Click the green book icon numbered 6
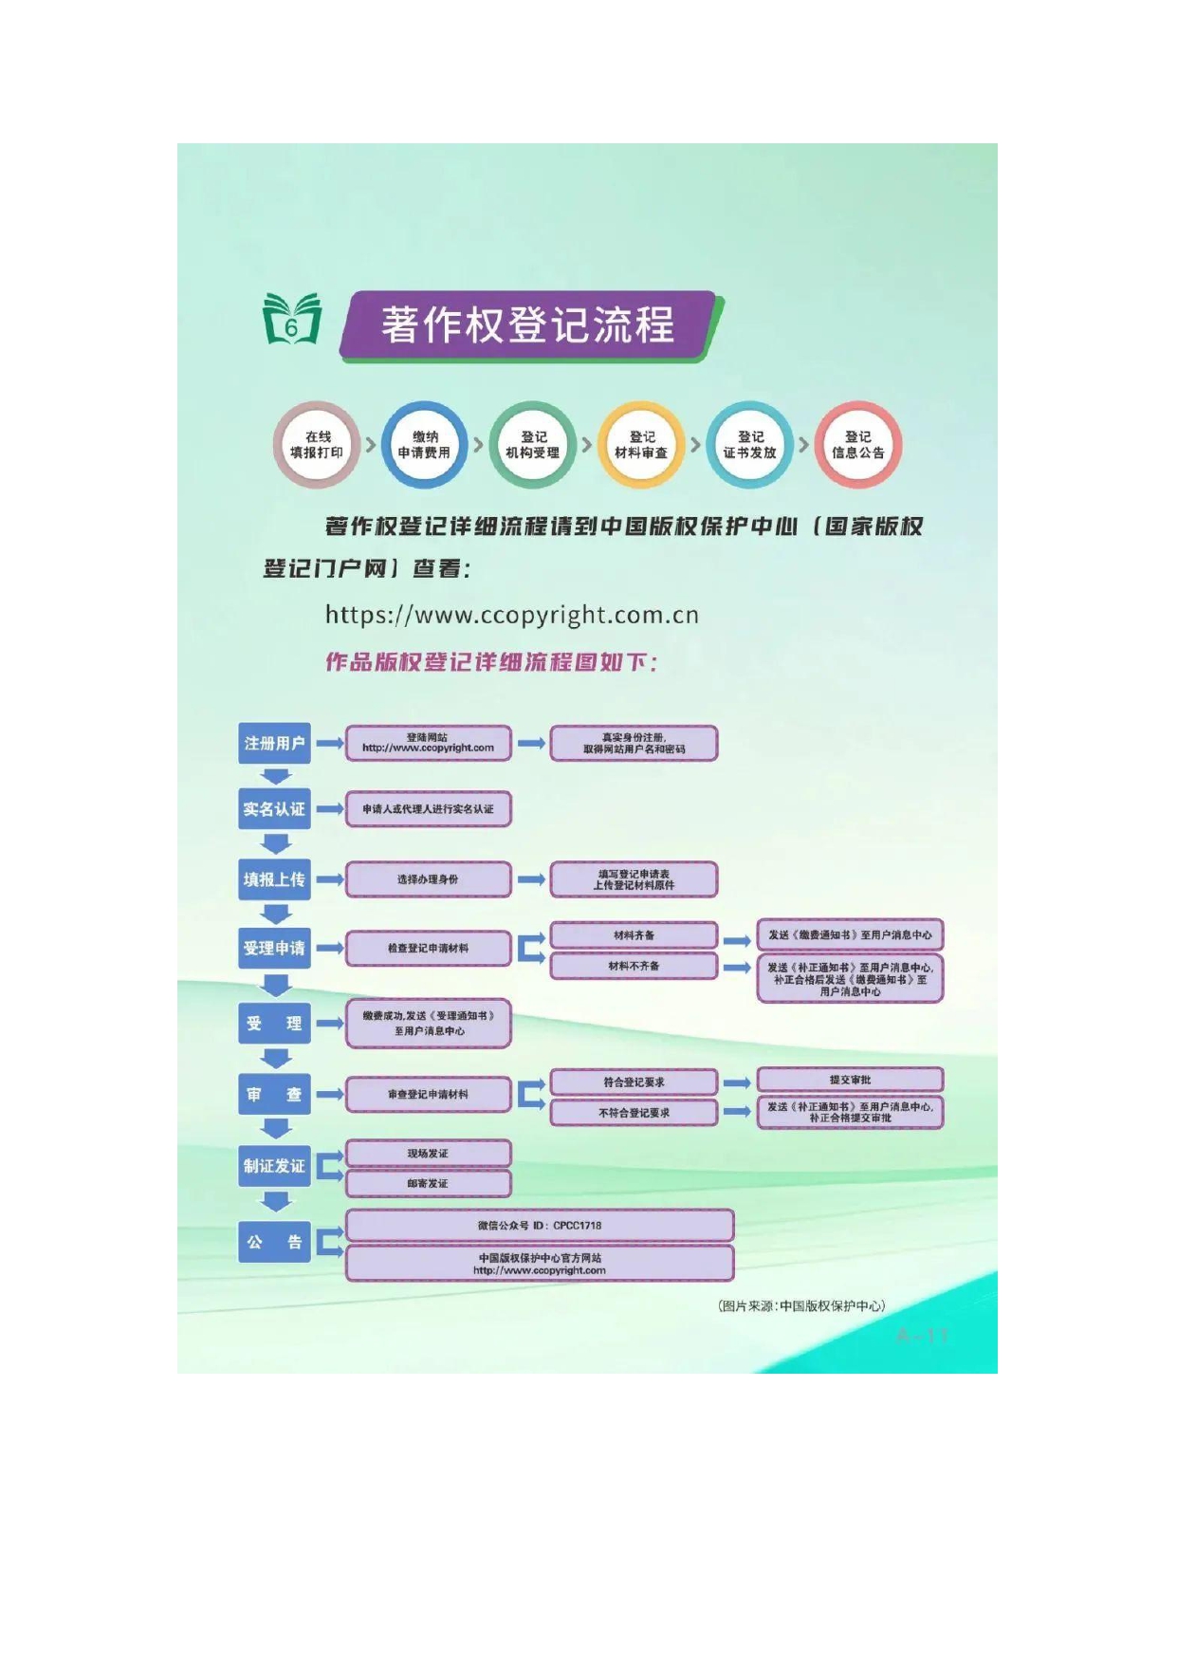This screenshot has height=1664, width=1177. (292, 320)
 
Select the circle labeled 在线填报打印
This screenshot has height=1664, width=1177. (317, 445)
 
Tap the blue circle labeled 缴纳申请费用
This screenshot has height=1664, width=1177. (425, 445)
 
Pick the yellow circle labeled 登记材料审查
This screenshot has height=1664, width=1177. (641, 445)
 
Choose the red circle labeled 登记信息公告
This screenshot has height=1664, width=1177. (857, 445)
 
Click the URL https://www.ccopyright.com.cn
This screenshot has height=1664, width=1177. (512, 616)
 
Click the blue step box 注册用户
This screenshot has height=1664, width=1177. (274, 743)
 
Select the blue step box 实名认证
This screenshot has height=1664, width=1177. (274, 809)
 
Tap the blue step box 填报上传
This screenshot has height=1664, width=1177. (274, 879)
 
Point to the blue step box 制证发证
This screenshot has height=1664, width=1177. (274, 1166)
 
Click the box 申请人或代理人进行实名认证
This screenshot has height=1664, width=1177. (428, 809)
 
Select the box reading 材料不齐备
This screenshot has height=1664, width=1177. (634, 966)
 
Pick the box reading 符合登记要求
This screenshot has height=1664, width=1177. (634, 1082)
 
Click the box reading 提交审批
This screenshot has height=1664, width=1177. (850, 1080)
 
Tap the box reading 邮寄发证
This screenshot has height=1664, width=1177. (428, 1183)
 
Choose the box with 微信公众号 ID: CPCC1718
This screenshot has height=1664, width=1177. (539, 1225)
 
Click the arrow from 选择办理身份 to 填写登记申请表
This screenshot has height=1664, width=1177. (531, 879)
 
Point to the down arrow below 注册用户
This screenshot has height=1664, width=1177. (276, 776)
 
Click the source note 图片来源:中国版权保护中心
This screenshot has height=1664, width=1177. (801, 1306)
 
